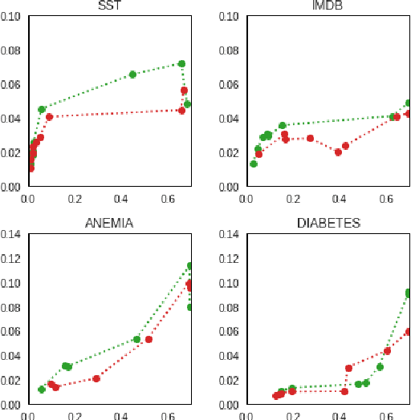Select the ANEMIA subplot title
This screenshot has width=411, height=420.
(x=108, y=223)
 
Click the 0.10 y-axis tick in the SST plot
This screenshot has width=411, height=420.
(x=12, y=16)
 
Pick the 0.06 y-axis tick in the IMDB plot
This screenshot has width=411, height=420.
(x=231, y=85)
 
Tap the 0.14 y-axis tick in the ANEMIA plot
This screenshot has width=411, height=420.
(x=12, y=235)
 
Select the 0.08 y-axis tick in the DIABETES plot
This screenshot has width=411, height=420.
(x=231, y=308)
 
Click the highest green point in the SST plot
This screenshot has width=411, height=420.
(x=181, y=63)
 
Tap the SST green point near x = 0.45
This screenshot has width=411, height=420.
(x=132, y=75)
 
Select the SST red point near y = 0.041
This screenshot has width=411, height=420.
(x=49, y=117)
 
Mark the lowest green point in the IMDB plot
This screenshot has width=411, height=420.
(x=254, y=164)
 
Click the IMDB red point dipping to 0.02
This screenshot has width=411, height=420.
(x=338, y=152)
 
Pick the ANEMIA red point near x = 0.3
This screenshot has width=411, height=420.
(x=96, y=378)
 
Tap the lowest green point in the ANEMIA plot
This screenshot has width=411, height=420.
(x=42, y=390)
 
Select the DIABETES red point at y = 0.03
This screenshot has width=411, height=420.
(x=348, y=369)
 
